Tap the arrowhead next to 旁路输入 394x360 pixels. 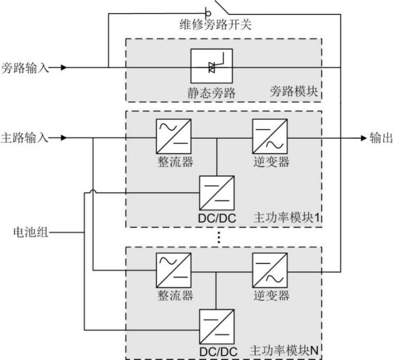(64, 68)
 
